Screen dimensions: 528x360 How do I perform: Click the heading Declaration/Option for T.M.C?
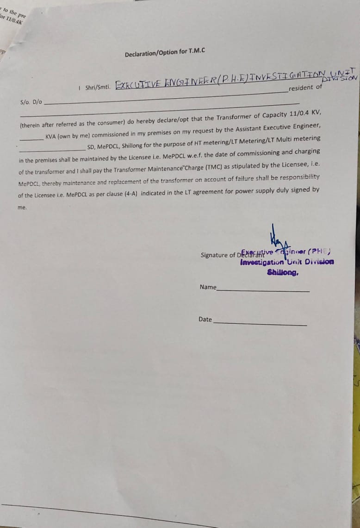click(x=165, y=53)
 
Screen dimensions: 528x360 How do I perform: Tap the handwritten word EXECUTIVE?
click(x=138, y=85)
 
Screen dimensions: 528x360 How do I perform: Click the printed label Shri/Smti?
click(x=96, y=87)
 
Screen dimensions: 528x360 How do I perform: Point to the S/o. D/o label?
click(x=31, y=102)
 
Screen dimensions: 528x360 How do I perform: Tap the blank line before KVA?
click(x=31, y=138)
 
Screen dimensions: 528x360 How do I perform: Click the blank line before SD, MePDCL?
click(x=52, y=149)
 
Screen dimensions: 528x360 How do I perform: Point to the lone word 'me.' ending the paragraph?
click(x=22, y=207)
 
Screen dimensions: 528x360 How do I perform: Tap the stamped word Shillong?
click(x=283, y=272)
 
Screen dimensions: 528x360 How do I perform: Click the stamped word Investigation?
click(x=262, y=263)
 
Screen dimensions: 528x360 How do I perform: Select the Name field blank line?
click(x=263, y=290)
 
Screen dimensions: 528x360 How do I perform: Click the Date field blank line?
click(x=260, y=323)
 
